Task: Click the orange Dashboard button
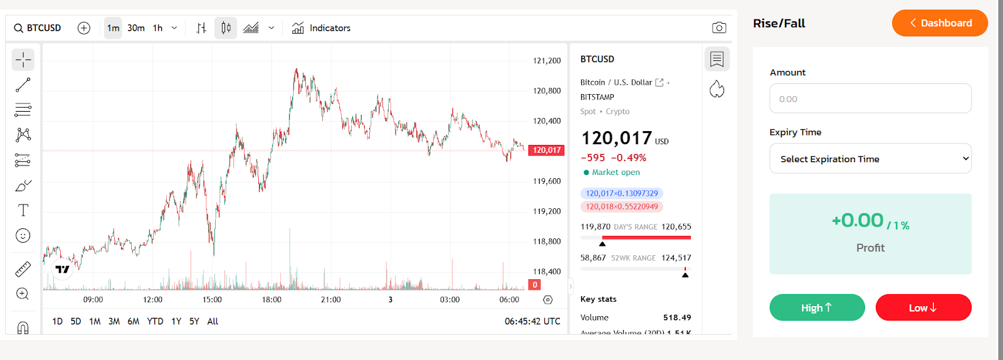pos(940,23)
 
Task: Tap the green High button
pos(817,307)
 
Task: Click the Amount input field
pos(870,99)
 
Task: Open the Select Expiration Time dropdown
pos(870,159)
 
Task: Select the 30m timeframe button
pos(136,28)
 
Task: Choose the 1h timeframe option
pos(158,28)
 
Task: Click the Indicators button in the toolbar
pos(321,28)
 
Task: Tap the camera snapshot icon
pos(719,28)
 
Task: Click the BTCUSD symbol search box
pos(38,28)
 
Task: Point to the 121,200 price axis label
pos(547,61)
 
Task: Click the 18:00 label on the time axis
pos(271,300)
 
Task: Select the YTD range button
pos(155,321)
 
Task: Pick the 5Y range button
pos(194,321)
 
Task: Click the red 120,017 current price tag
pos(547,151)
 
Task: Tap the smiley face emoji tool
pos(23,236)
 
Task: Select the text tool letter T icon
pos(23,210)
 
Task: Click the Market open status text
pos(616,172)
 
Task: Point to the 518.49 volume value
pos(677,317)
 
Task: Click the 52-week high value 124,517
pos(676,258)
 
